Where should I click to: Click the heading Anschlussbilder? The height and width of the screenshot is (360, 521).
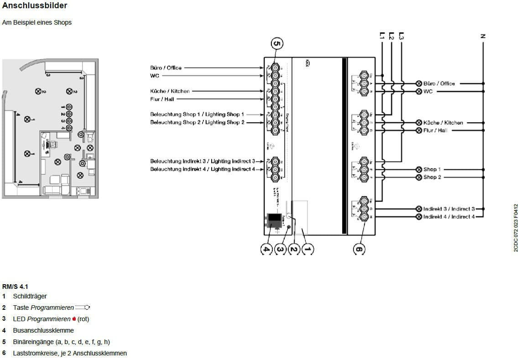click(35, 6)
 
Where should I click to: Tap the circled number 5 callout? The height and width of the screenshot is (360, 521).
click(277, 44)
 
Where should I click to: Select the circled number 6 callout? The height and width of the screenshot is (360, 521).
click(359, 249)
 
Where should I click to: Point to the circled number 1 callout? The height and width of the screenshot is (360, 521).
click(308, 249)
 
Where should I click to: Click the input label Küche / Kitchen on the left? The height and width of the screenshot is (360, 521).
click(170, 91)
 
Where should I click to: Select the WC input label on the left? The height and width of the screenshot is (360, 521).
click(155, 76)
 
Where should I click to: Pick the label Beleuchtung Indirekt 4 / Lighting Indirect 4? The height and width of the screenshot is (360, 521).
click(203, 169)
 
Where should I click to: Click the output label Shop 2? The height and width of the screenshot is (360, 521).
click(432, 177)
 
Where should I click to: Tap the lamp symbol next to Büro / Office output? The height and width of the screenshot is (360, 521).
click(419, 83)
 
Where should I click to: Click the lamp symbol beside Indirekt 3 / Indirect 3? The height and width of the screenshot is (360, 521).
click(419, 209)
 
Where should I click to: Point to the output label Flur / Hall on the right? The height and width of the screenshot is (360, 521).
click(435, 130)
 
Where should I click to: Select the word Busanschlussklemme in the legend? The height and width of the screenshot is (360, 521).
click(43, 330)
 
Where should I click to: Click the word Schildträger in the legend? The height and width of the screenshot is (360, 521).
click(30, 296)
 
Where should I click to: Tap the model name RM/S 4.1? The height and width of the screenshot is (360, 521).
click(15, 287)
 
